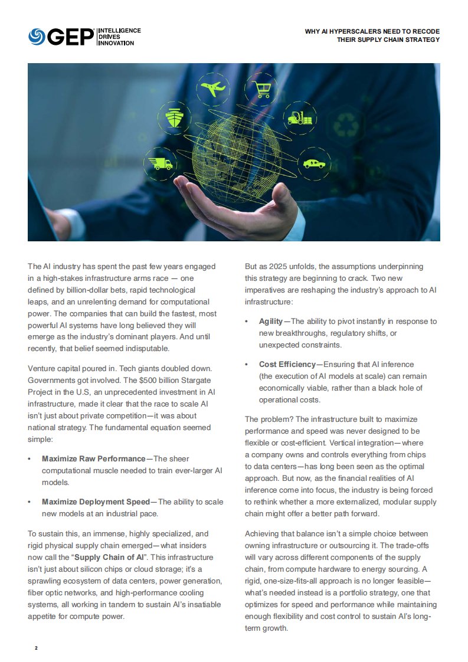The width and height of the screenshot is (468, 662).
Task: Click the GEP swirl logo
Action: point(37,37)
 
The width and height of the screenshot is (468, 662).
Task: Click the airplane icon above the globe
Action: point(213,89)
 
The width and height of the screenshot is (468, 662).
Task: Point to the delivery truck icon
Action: point(161,163)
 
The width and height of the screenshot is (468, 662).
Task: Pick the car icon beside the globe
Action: point(313,162)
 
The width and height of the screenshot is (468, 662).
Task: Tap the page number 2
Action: point(36,648)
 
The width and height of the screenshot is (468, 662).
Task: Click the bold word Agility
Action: point(271,322)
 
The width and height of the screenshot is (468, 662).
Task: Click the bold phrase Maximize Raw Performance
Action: point(93,458)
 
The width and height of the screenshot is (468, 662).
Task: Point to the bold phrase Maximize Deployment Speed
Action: point(96,502)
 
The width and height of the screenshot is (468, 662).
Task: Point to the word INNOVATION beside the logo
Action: point(116,43)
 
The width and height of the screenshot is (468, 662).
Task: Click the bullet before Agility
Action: point(247,322)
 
